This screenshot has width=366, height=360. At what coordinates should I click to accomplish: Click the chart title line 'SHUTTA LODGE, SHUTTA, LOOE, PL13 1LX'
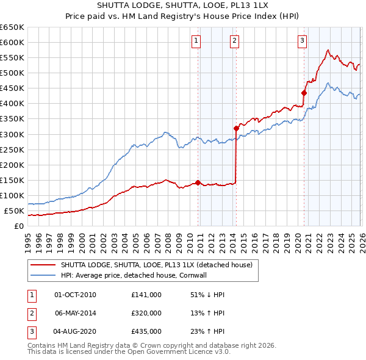[x=183, y=5]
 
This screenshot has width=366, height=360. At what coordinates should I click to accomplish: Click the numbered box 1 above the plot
[x=196, y=41]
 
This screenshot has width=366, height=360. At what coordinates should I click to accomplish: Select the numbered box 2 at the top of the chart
[x=234, y=41]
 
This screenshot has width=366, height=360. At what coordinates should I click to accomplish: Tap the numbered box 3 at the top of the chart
[x=302, y=41]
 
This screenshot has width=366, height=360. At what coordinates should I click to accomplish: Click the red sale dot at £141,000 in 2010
[x=198, y=182]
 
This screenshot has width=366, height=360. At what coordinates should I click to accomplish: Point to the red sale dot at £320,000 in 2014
[x=237, y=128]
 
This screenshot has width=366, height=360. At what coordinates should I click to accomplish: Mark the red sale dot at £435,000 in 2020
[x=304, y=93]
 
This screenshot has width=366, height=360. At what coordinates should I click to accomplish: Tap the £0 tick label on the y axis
[x=19, y=226]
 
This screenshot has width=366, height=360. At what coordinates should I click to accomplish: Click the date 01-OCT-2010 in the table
[x=75, y=295]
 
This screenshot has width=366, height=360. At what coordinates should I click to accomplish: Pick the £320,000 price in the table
[x=146, y=313]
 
